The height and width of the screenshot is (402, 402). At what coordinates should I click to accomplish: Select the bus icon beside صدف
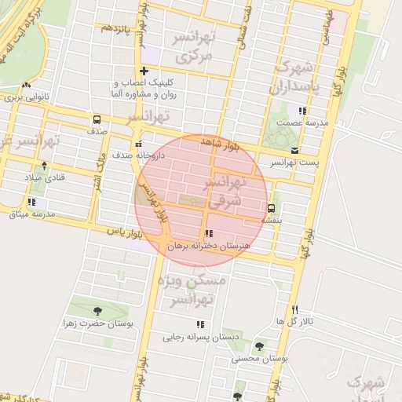(x=97, y=120)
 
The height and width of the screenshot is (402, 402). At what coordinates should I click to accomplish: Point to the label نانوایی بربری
(x=27, y=97)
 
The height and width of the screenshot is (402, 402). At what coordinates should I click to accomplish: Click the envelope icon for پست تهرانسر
(x=294, y=151)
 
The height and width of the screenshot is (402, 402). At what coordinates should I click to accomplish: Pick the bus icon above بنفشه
(x=271, y=208)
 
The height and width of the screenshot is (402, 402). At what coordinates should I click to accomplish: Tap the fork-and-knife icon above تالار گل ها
(x=295, y=309)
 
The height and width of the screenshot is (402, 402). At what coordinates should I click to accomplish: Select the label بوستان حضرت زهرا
(x=97, y=323)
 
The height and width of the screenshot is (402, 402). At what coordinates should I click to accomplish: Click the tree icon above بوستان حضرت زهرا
(x=97, y=311)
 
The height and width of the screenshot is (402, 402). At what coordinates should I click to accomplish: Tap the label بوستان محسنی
(x=259, y=358)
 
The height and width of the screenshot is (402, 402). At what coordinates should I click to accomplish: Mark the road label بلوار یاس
(x=126, y=232)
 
